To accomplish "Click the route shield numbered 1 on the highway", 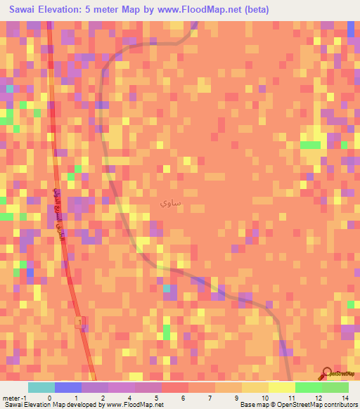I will [79, 321].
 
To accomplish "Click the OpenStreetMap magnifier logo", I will [328, 375].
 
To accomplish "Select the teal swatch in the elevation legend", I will [41, 387].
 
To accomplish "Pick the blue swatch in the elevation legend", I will [68, 387].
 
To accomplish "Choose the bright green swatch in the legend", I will [309, 387].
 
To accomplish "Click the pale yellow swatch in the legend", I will [282, 387].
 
